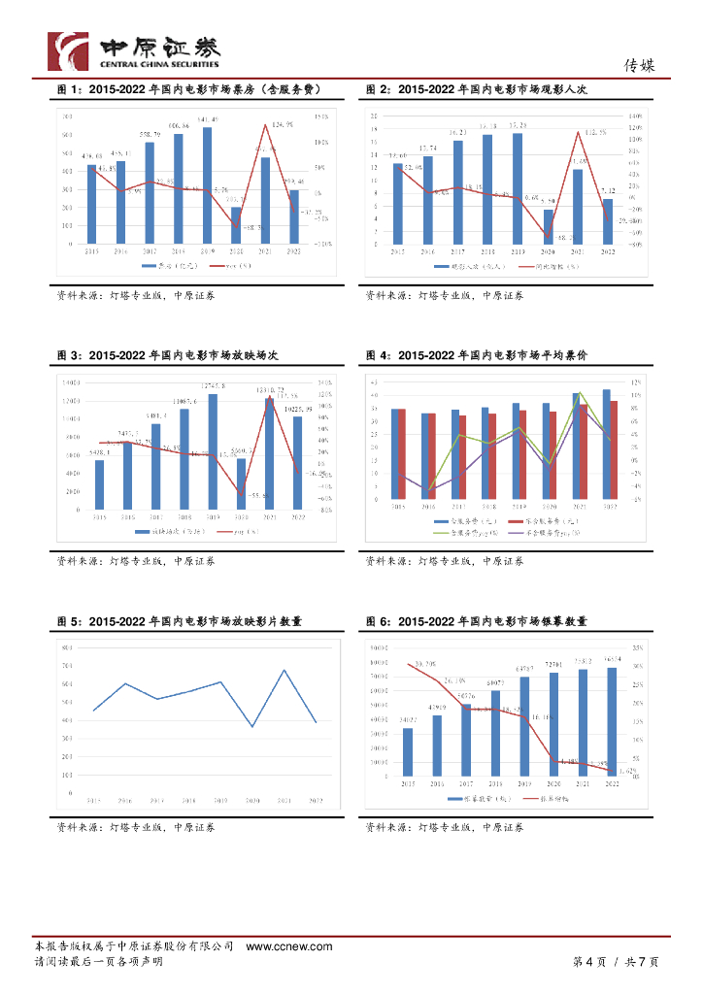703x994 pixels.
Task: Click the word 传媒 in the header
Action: click(639, 65)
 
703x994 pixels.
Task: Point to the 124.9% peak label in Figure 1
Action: click(283, 124)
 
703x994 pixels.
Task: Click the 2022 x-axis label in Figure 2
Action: click(608, 251)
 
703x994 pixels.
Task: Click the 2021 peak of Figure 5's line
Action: click(284, 670)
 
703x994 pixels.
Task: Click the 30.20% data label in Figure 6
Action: click(424, 663)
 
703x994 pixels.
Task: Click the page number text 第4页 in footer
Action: click(588, 962)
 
